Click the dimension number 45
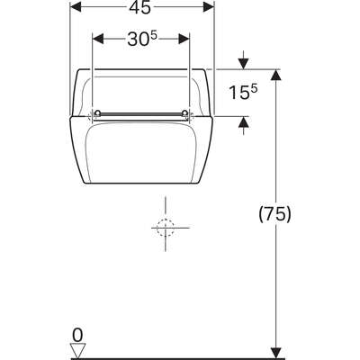[139, 8]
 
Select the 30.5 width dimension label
[142, 39]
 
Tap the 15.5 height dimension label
[243, 92]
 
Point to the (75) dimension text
[274, 214]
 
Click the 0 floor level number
[77, 335]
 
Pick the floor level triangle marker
[77, 351]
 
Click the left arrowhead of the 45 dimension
[76, 6]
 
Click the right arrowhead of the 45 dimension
[209, 6]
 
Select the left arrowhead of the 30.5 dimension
[98, 39]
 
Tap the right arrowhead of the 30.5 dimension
[184, 39]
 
